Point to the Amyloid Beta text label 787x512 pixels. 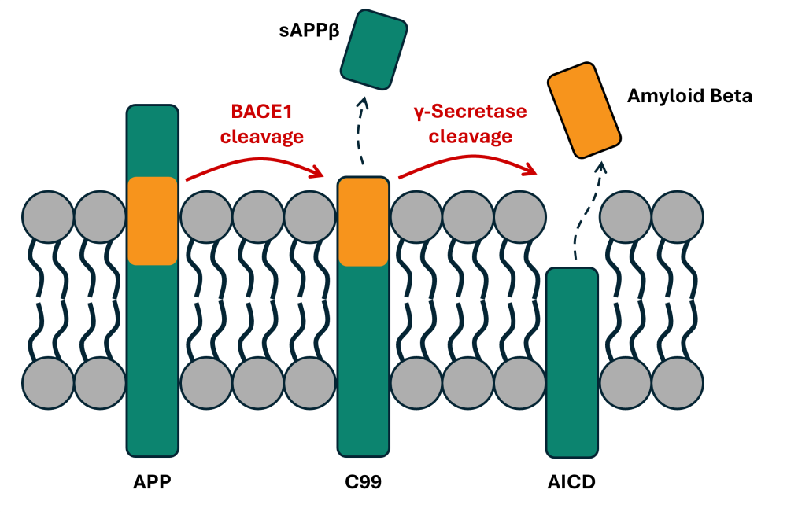(x=689, y=97)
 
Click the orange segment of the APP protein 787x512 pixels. (x=153, y=221)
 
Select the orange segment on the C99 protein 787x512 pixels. (x=363, y=222)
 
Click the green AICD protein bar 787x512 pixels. (x=571, y=362)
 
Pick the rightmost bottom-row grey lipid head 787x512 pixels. (x=678, y=383)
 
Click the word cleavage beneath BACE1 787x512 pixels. (x=261, y=137)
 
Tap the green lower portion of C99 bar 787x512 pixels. (x=363, y=362)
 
